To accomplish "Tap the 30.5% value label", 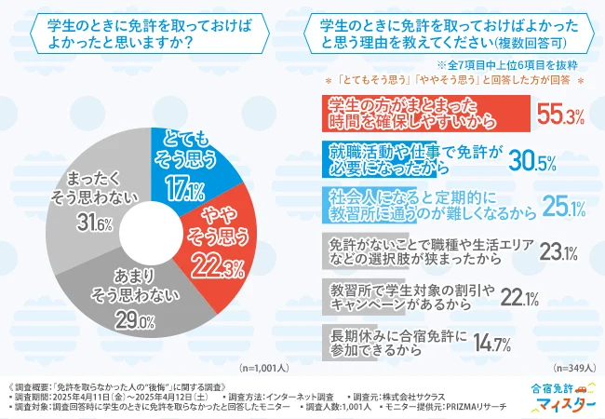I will tap(533, 161).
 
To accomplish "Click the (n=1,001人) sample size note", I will tap(267, 367).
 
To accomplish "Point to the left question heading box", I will tap(139, 35).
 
